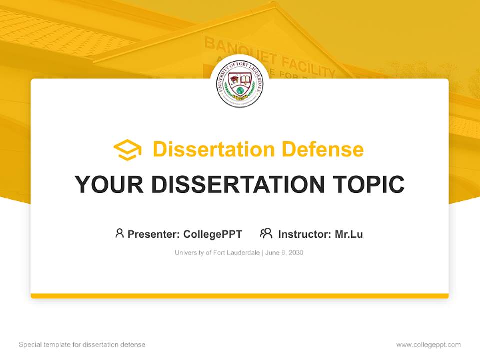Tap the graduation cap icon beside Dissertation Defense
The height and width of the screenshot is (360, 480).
click(127, 150)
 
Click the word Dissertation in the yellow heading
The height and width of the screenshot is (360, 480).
click(214, 149)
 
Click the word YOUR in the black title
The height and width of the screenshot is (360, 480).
click(109, 185)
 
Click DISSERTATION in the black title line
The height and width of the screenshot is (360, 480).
click(237, 185)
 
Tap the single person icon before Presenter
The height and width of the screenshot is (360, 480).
click(119, 233)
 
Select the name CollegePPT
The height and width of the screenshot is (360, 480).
click(213, 234)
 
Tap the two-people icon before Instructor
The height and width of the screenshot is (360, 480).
click(266, 233)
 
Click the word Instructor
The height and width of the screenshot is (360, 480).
click(304, 234)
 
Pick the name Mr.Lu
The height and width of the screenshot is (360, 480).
click(349, 234)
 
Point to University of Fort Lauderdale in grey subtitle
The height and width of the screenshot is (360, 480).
click(217, 253)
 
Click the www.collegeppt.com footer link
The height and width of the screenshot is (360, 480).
click(428, 345)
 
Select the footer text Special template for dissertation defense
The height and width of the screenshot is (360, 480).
click(82, 345)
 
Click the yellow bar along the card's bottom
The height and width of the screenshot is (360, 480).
click(240, 296)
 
